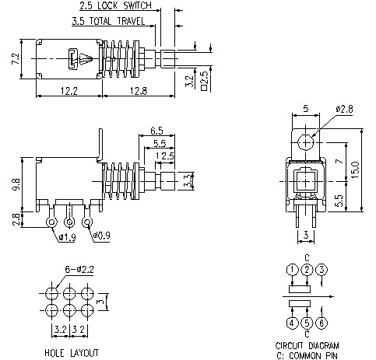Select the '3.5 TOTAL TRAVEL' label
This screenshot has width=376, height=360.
(x=106, y=20)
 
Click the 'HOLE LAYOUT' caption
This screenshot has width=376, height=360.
(x=72, y=352)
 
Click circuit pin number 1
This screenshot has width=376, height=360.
(x=290, y=270)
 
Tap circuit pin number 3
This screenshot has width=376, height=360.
(x=323, y=270)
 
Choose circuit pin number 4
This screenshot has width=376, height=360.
(x=290, y=322)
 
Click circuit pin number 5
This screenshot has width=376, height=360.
(x=307, y=322)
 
